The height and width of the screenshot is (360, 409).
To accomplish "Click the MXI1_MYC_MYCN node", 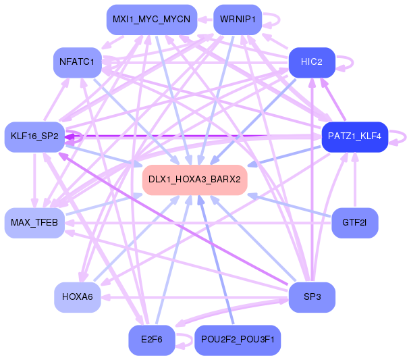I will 151,20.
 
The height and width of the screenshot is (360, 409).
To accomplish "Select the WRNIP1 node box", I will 237,20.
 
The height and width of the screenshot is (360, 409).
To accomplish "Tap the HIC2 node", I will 312,62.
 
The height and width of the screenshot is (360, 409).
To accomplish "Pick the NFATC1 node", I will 77,62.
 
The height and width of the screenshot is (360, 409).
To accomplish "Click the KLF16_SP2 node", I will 34,136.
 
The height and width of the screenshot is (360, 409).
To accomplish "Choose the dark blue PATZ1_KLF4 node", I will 354,136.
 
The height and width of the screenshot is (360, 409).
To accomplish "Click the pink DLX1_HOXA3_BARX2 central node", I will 194,180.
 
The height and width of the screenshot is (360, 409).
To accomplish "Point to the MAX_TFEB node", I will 34,222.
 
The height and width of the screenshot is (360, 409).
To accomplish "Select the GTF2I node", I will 354,222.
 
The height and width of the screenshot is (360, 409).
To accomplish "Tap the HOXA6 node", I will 77,297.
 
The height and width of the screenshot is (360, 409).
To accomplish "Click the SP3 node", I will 312,297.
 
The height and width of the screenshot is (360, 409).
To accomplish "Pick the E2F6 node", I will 151,340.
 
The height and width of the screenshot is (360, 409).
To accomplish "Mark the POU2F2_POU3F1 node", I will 237,340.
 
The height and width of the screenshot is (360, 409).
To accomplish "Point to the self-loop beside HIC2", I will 350,61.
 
